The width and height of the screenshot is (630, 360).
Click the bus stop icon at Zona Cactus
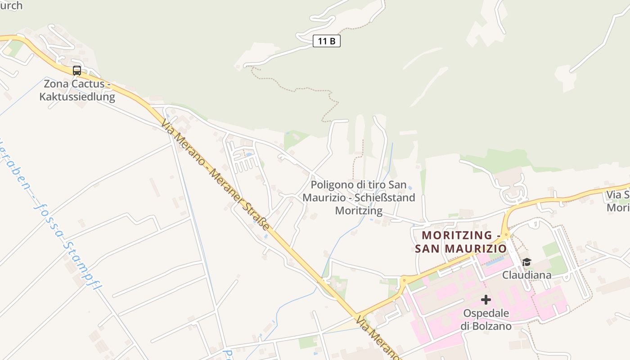[77, 71]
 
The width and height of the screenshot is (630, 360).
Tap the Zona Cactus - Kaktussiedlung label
[77, 90]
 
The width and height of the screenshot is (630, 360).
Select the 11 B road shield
[327, 41]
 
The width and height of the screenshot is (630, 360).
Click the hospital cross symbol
[486, 299]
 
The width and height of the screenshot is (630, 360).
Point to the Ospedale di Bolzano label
[486, 319]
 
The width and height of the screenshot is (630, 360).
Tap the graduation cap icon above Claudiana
[526, 262]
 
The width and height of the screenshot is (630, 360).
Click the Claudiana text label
[526, 274]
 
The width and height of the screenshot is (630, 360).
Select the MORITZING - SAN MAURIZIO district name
[461, 242]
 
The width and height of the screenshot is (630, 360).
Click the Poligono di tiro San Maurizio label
[359, 191]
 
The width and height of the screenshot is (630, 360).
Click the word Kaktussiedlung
[77, 97]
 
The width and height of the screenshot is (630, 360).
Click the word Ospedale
[486, 313]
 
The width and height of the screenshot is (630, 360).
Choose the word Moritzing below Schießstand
[359, 210]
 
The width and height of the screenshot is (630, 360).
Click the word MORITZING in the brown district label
[457, 235]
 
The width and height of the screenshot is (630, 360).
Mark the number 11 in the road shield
[322, 41]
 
